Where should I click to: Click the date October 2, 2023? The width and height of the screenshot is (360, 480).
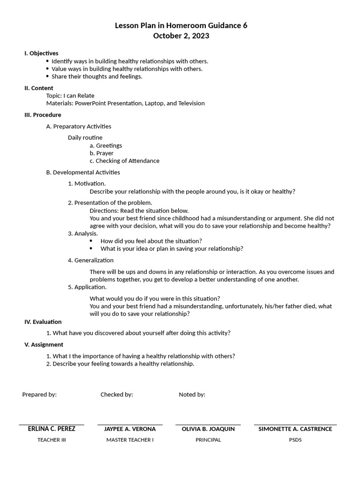coord(181,36)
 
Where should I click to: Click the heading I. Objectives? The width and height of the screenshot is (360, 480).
coord(41,53)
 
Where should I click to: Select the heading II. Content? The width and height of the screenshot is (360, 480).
coord(39,88)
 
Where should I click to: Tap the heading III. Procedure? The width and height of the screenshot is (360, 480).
coord(43,115)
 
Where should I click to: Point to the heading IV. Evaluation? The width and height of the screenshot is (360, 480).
coord(43,322)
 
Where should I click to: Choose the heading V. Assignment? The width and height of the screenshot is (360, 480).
coord(44,345)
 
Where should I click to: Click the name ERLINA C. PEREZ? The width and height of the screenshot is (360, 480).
coord(52,429)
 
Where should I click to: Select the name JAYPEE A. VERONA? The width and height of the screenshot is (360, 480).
coord(130,429)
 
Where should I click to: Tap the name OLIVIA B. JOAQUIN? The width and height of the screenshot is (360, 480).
coord(208,429)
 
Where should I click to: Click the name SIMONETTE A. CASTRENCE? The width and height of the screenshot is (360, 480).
coord(295,429)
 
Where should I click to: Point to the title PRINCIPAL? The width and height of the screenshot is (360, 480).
coord(208,440)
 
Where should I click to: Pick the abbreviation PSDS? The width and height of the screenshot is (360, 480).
coord(295,440)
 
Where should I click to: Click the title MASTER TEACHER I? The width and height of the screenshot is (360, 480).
coord(130,440)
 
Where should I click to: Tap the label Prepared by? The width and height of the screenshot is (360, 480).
coord(39,395)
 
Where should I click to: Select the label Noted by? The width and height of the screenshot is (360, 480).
coord(192,395)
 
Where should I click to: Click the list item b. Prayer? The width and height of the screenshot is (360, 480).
coord(101,153)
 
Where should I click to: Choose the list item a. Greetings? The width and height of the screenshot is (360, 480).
coord(105,146)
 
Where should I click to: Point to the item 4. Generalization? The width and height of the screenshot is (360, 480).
coord(90,261)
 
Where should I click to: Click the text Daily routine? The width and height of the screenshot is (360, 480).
coord(85,138)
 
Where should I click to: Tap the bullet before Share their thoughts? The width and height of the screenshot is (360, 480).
coord(47,76)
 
